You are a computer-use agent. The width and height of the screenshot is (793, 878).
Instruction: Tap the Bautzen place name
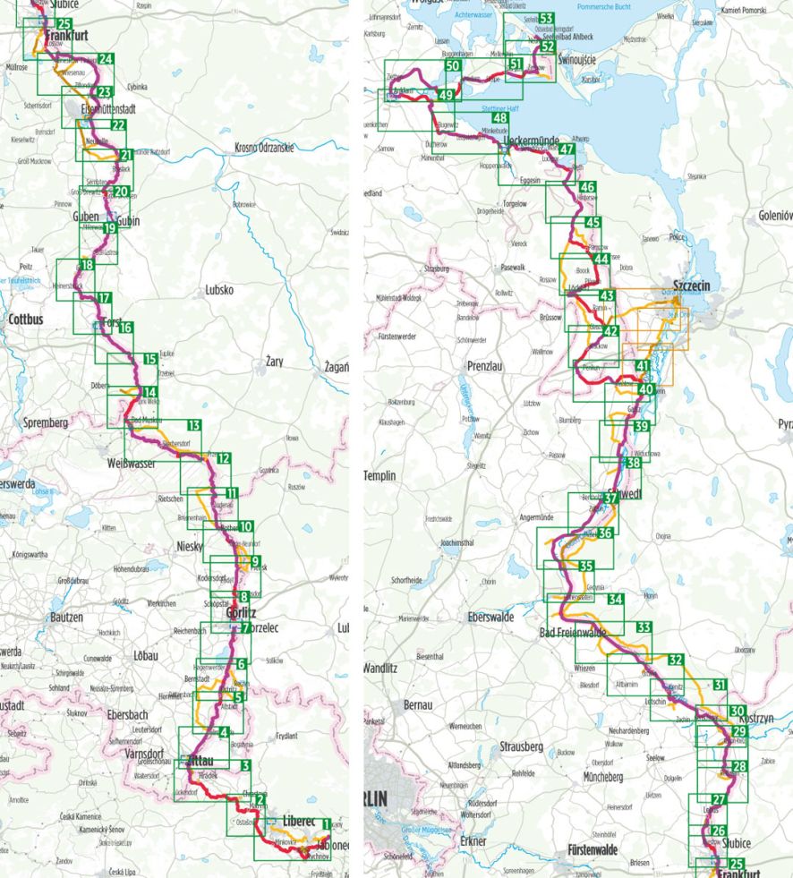coord(66,618)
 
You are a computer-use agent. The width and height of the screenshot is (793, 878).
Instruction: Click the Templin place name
coord(386,476)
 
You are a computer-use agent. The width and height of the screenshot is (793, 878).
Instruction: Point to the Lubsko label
coord(219,290)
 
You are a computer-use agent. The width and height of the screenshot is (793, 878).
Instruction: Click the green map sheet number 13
coord(194,425)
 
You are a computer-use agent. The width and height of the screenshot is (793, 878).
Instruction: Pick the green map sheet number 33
coord(643,627)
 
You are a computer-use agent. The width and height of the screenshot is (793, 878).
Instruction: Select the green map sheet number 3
coord(244,765)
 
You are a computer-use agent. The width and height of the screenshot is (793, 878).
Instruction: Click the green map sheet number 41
coord(642,366)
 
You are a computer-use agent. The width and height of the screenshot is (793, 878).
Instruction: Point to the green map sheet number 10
coord(245,527)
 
